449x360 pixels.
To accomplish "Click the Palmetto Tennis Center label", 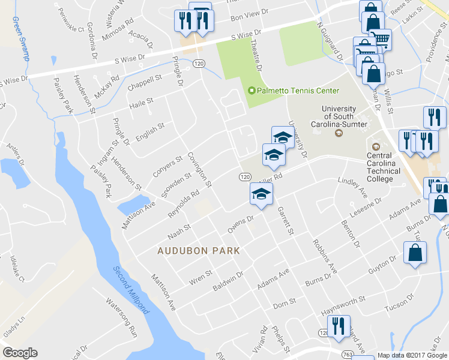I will tap(298, 91).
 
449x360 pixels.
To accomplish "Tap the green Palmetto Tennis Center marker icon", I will tap(252, 91).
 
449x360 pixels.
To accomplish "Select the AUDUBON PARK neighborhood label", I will tap(199, 251).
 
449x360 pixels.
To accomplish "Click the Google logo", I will tap(20, 353).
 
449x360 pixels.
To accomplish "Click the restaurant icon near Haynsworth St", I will tap(340, 326).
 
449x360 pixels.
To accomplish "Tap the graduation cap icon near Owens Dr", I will tap(261, 194).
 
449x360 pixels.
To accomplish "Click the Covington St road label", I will tap(199, 169).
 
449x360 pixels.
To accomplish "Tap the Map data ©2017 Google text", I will tap(411, 355).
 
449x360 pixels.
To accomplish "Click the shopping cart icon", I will tap(380, 40).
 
